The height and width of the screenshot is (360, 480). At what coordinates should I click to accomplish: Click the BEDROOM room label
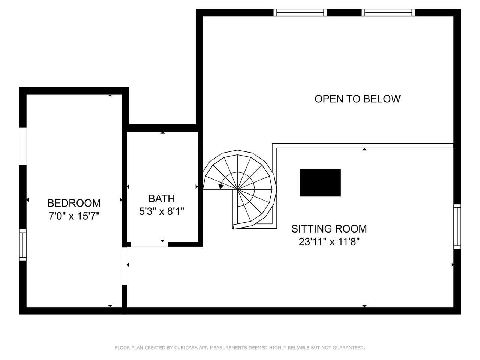pos(74,203)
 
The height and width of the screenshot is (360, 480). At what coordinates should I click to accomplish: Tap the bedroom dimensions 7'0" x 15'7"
pos(74,216)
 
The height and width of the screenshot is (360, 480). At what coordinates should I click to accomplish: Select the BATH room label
pos(162,199)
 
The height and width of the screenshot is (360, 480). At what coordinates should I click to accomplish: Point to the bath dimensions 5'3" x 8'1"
pos(162,211)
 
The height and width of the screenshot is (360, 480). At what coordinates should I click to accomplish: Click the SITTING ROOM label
pos(329,229)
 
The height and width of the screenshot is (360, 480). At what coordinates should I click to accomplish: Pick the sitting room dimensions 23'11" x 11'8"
pos(329,242)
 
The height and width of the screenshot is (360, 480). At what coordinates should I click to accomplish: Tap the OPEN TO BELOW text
pos(357,99)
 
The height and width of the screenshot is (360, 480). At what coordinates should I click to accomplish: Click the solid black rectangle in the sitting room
pos(320,183)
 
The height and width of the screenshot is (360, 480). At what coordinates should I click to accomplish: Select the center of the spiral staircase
pos(237,189)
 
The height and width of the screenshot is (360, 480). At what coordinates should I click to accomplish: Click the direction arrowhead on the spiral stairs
pos(221,186)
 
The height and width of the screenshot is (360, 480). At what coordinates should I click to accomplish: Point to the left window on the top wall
pos(300,12)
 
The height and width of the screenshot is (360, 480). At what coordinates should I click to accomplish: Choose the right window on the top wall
pos(388,12)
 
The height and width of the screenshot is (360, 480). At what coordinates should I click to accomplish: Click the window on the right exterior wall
pos(457,226)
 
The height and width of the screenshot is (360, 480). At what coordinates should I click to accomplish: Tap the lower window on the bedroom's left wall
pos(23,245)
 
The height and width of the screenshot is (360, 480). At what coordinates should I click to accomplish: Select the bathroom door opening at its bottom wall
pos(149,244)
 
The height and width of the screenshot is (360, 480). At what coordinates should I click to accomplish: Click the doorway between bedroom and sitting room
pos(124,266)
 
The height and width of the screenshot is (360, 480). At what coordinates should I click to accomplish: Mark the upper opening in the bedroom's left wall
pos(23,146)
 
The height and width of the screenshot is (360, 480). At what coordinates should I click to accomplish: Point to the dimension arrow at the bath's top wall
pos(162,133)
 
